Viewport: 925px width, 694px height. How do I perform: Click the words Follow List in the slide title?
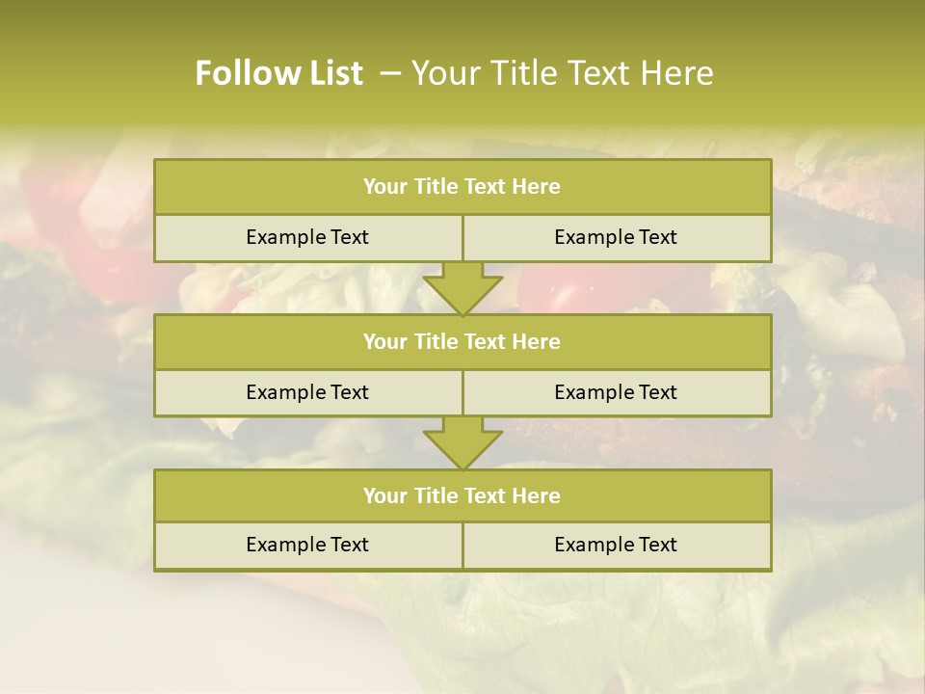(278, 73)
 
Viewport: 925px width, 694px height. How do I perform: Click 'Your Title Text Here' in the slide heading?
(562, 73)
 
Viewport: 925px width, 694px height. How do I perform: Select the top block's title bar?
(462, 187)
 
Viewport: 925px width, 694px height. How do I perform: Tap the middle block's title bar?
(462, 341)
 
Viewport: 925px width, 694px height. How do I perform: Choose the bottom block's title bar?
(462, 495)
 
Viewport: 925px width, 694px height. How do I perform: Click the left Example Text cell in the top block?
(307, 237)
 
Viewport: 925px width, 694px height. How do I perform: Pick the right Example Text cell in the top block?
(616, 237)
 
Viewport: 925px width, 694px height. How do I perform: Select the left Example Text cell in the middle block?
(307, 392)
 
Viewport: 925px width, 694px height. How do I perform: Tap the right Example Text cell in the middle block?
(616, 392)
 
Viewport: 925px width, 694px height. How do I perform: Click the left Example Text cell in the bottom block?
(307, 545)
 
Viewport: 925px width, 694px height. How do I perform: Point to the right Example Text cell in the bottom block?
(616, 545)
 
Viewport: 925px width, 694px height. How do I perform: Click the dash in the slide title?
(390, 73)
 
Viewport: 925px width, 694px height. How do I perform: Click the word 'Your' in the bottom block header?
(385, 495)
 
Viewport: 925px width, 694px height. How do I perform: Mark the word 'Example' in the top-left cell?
(285, 237)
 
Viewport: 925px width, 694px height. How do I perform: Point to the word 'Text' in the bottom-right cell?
(657, 545)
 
